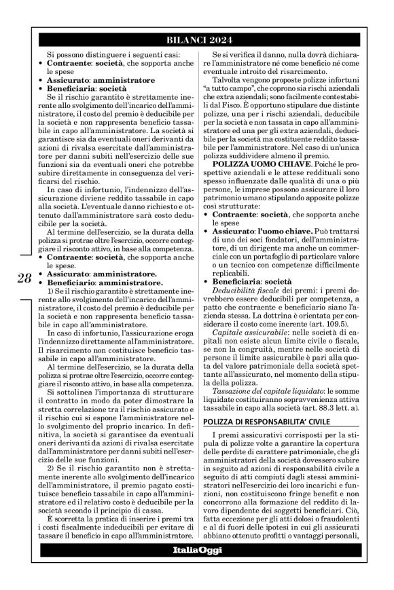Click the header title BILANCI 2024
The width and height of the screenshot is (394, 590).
click(x=197, y=39)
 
